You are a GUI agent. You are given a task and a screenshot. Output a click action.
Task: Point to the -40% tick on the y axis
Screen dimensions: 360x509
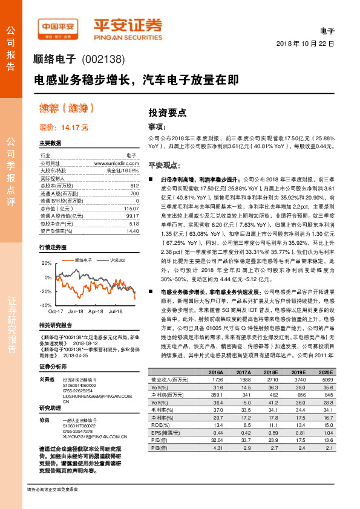pyautogui.click(x=46, y=306)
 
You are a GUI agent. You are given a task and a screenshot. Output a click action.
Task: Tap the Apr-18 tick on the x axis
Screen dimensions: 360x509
pyautogui.click(x=96, y=312)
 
